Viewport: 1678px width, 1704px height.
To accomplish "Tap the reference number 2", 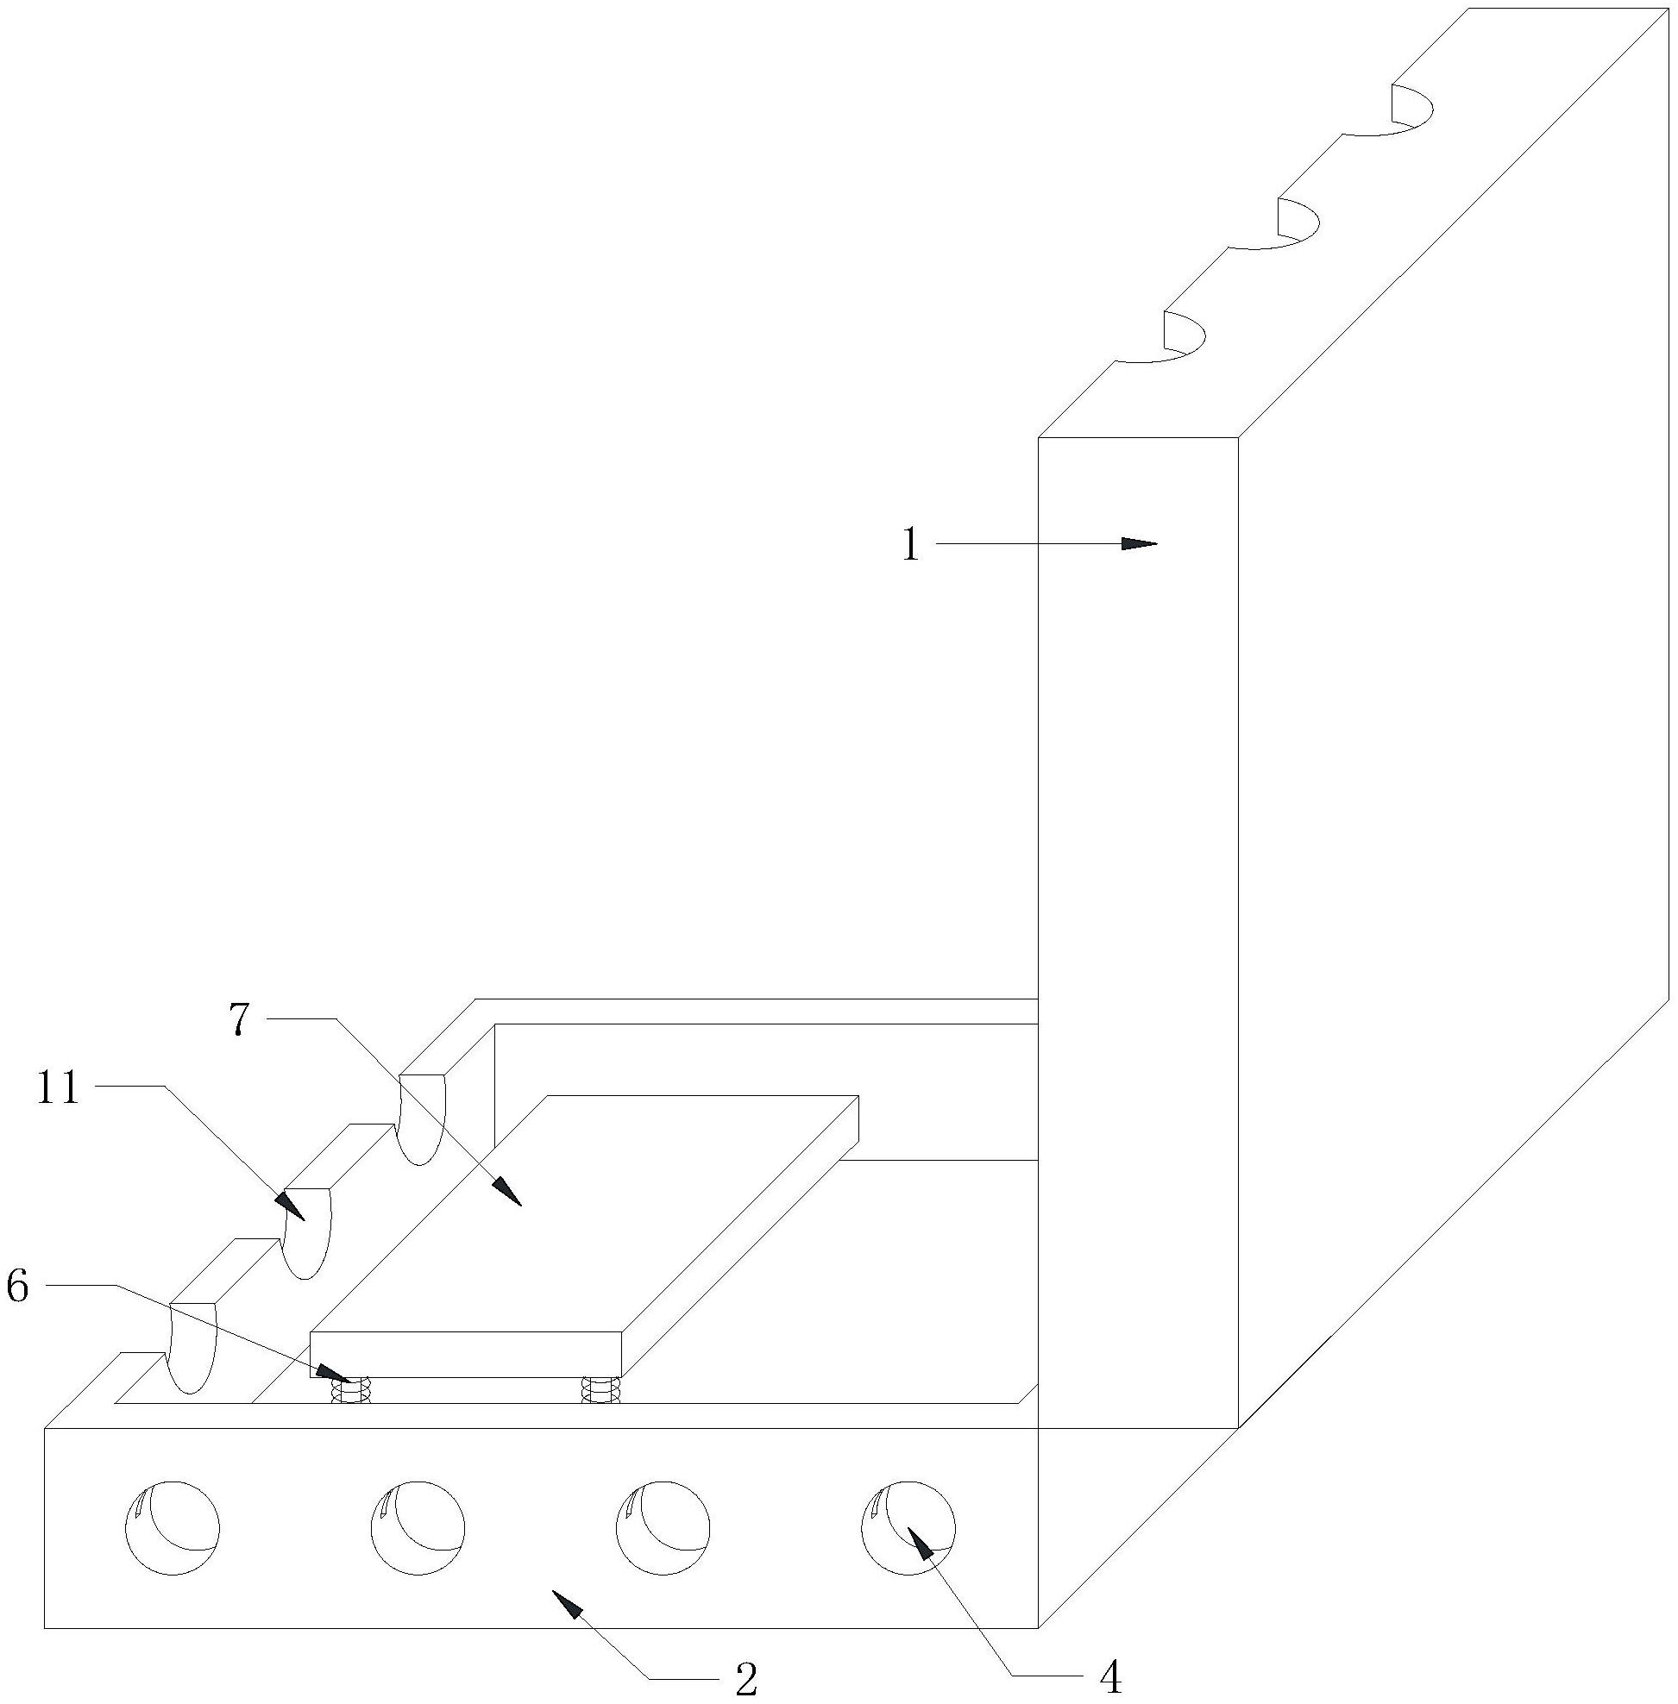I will [x=745, y=1681].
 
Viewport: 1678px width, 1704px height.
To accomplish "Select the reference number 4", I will [x=1111, y=1679].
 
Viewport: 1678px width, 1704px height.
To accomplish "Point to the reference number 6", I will [x=17, y=1287].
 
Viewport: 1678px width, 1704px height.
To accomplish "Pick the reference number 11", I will [x=58, y=1089].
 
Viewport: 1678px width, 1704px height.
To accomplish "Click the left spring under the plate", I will [x=350, y=1390].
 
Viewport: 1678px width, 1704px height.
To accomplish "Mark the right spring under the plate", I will [x=601, y=1390].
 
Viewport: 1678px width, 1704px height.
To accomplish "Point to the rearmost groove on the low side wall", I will [x=421, y=1118].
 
